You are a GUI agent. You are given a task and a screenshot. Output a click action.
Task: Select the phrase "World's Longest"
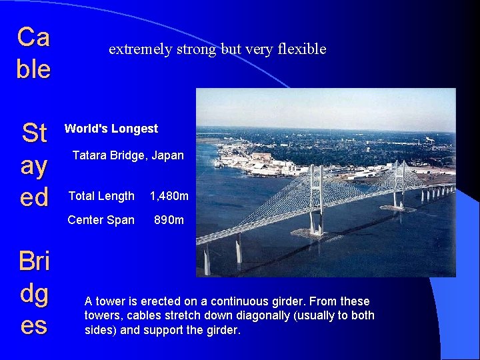tap(111, 129)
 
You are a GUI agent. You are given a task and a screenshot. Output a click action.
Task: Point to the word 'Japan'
tap(167, 155)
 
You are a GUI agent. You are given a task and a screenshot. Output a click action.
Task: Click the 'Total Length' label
tap(101, 196)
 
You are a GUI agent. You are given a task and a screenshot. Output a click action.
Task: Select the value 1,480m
tap(169, 196)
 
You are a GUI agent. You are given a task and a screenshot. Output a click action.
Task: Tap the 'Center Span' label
tap(101, 220)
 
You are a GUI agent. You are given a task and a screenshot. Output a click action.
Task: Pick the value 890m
tap(169, 220)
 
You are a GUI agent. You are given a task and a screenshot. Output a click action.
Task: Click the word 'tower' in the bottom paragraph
tap(109, 301)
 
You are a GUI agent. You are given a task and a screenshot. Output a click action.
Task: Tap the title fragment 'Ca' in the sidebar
tap(33, 37)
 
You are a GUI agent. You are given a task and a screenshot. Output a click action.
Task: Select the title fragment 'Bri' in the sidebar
tap(33, 261)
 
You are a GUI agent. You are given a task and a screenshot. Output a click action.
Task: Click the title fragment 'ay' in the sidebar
tap(33, 165)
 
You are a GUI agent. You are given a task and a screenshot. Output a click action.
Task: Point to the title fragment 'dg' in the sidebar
tap(33, 294)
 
